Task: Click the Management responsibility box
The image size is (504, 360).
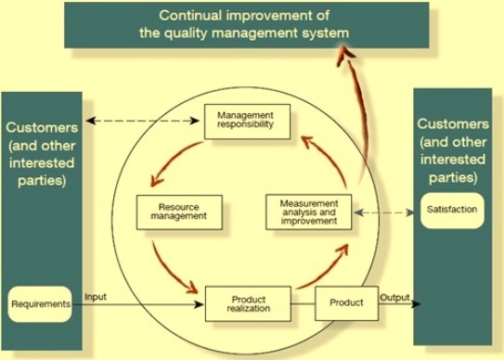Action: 247,121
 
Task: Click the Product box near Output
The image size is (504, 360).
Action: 345,303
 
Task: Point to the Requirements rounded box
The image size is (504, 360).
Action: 42,303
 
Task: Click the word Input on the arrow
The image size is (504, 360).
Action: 97,297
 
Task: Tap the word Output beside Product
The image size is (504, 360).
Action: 395,297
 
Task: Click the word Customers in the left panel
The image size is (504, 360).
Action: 42,126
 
